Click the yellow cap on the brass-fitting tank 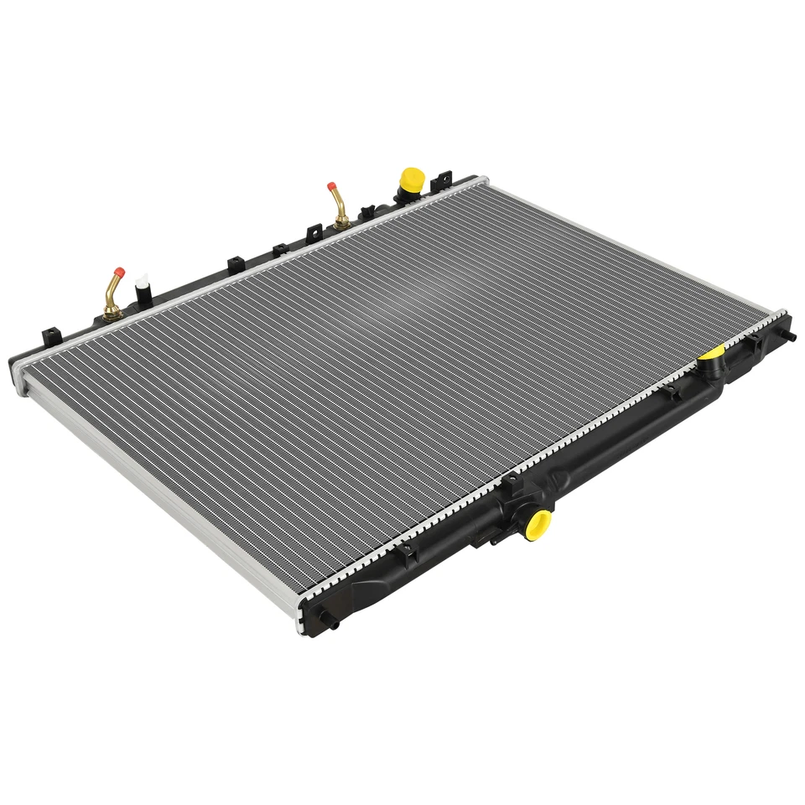click(x=412, y=179)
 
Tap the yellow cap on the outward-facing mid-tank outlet click(x=538, y=524)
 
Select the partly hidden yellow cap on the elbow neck click(x=714, y=352)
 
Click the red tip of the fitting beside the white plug click(x=119, y=272)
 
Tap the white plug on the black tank click(x=141, y=279)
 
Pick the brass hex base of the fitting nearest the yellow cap click(x=342, y=221)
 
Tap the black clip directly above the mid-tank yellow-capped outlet click(x=509, y=484)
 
